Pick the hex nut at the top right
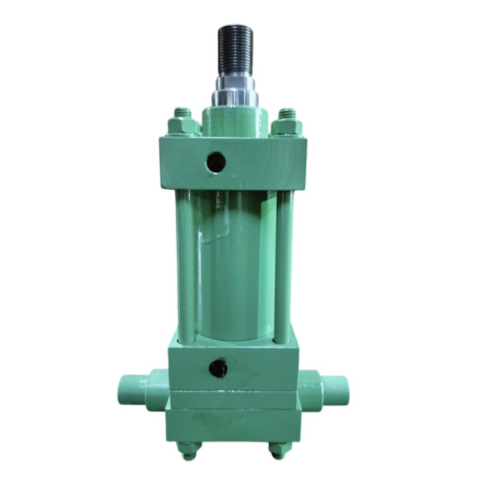click(x=288, y=126)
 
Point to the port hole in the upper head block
click(x=216, y=161)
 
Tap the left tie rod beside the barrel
click(x=185, y=267)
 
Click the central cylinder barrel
click(x=235, y=267)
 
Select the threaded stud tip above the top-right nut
click(x=288, y=112)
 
